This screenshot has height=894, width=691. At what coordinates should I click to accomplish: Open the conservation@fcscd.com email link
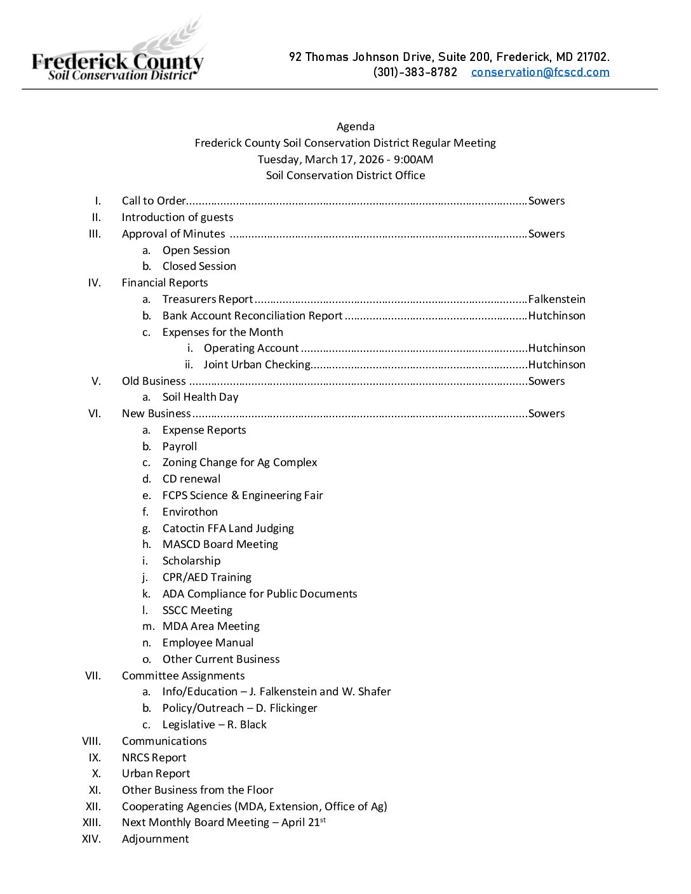540,72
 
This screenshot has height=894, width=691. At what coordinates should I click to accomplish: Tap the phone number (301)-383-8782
415,72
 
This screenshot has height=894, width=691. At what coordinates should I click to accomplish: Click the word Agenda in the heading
355,126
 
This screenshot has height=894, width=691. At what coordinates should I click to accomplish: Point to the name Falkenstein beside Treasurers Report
556,299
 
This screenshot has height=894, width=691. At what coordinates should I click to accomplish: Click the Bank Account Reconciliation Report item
252,316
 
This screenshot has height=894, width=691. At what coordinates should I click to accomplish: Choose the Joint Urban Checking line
257,364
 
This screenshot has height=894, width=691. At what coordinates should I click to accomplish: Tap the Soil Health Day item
200,397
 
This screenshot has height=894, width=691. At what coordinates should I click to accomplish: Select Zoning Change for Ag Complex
239,462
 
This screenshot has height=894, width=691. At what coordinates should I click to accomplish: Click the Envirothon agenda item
190,512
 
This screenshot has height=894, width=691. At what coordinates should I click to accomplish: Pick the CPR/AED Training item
206,577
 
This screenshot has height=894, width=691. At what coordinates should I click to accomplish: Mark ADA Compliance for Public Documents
259,594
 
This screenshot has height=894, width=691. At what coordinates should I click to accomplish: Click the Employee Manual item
208,643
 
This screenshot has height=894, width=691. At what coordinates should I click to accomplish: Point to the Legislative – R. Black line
214,724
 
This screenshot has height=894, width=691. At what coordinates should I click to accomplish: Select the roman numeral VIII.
91,741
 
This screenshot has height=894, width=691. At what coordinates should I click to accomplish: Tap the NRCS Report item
154,757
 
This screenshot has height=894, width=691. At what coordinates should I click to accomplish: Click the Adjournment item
155,839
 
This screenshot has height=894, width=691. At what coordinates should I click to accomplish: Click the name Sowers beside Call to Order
546,201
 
